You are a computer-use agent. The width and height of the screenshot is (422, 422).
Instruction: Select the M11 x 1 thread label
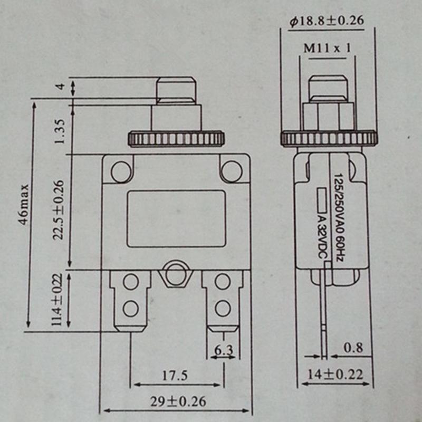coord(327,49)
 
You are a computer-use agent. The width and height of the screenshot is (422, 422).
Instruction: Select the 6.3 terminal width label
coord(223,349)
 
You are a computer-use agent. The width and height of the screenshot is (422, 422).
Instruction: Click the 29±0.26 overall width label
coord(176,401)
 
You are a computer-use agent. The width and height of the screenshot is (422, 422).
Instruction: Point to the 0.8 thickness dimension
coord(352,348)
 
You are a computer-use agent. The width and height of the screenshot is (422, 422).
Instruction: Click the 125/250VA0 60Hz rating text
coord(338,216)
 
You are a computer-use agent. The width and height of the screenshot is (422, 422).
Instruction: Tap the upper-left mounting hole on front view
coord(121,170)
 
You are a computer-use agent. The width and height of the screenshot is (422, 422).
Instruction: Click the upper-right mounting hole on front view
coord(231,170)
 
